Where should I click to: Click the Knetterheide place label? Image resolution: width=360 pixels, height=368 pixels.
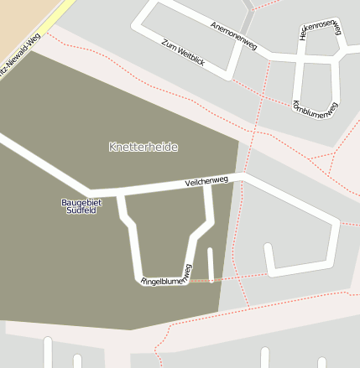click(143, 147)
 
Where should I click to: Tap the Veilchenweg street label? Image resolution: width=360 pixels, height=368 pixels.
click(206, 181)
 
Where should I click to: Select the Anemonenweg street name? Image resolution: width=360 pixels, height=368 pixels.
click(234, 34)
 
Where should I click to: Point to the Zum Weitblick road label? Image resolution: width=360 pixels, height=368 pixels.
click(183, 51)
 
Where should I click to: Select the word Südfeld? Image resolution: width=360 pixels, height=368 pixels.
click(81, 210)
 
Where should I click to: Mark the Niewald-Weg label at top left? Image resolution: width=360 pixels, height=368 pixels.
click(20, 55)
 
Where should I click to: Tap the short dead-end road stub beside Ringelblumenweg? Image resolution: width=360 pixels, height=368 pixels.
click(211, 263)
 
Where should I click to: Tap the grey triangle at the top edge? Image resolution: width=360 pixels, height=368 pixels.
click(248, 4)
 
